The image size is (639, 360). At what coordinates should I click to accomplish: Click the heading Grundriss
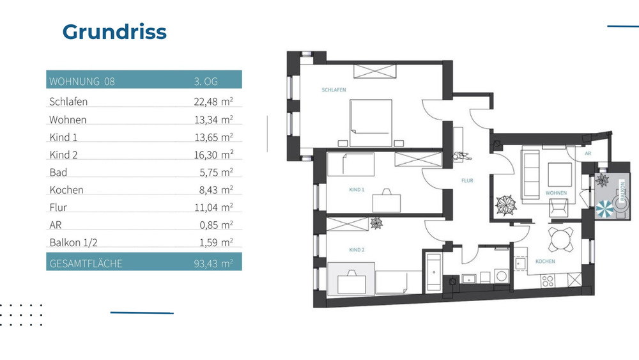tap(114, 32)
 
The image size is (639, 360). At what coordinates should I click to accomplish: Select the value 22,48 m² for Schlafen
tap(213, 101)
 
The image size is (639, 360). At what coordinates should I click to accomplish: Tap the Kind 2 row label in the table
tap(63, 155)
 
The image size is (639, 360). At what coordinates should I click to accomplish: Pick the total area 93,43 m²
tap(213, 263)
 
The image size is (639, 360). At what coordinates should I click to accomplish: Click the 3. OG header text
tap(206, 81)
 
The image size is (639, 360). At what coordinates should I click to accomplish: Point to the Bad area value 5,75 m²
tap(216, 172)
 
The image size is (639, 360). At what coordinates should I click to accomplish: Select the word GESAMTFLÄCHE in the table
tap(86, 263)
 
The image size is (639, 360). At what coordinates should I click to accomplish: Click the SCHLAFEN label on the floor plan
tap(334, 90)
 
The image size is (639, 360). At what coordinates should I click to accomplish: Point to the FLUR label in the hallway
tap(467, 181)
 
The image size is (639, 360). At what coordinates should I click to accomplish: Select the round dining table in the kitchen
tap(560, 240)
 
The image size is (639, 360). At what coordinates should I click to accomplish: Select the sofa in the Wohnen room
tap(530, 173)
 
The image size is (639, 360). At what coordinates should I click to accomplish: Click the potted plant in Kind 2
tap(376, 223)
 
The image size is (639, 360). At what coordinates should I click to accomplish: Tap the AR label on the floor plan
tap(587, 153)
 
